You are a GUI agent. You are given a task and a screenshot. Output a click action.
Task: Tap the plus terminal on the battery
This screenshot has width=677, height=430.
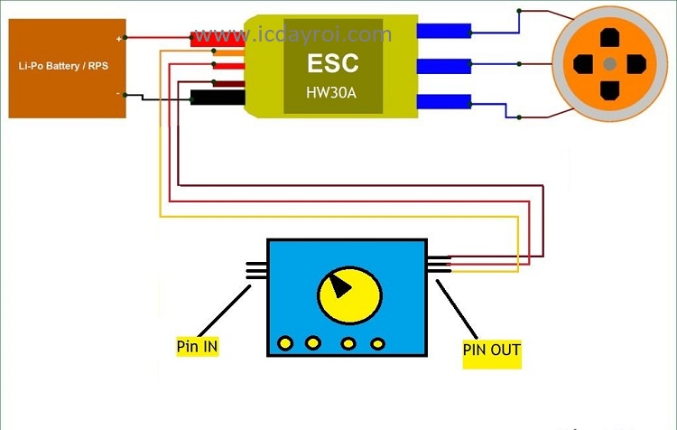[119, 39]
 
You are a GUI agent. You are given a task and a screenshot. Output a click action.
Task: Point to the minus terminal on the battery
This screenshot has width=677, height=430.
[119, 93]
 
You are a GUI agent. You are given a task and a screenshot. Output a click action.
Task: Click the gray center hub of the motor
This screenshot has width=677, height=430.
[610, 63]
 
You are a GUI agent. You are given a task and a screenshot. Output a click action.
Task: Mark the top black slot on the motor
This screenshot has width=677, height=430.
[610, 38]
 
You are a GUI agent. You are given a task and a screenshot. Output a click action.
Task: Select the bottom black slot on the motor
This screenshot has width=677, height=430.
[610, 89]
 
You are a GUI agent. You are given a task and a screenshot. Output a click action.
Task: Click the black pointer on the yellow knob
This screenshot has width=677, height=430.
[339, 286]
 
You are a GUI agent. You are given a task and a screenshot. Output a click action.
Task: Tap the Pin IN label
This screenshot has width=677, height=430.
[198, 346]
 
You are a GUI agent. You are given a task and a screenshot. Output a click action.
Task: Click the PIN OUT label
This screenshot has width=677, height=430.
[492, 350]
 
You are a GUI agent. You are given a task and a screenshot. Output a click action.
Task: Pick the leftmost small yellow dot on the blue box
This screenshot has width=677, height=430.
[285, 343]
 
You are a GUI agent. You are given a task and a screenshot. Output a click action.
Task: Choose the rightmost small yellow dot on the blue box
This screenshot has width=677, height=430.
[377, 343]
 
